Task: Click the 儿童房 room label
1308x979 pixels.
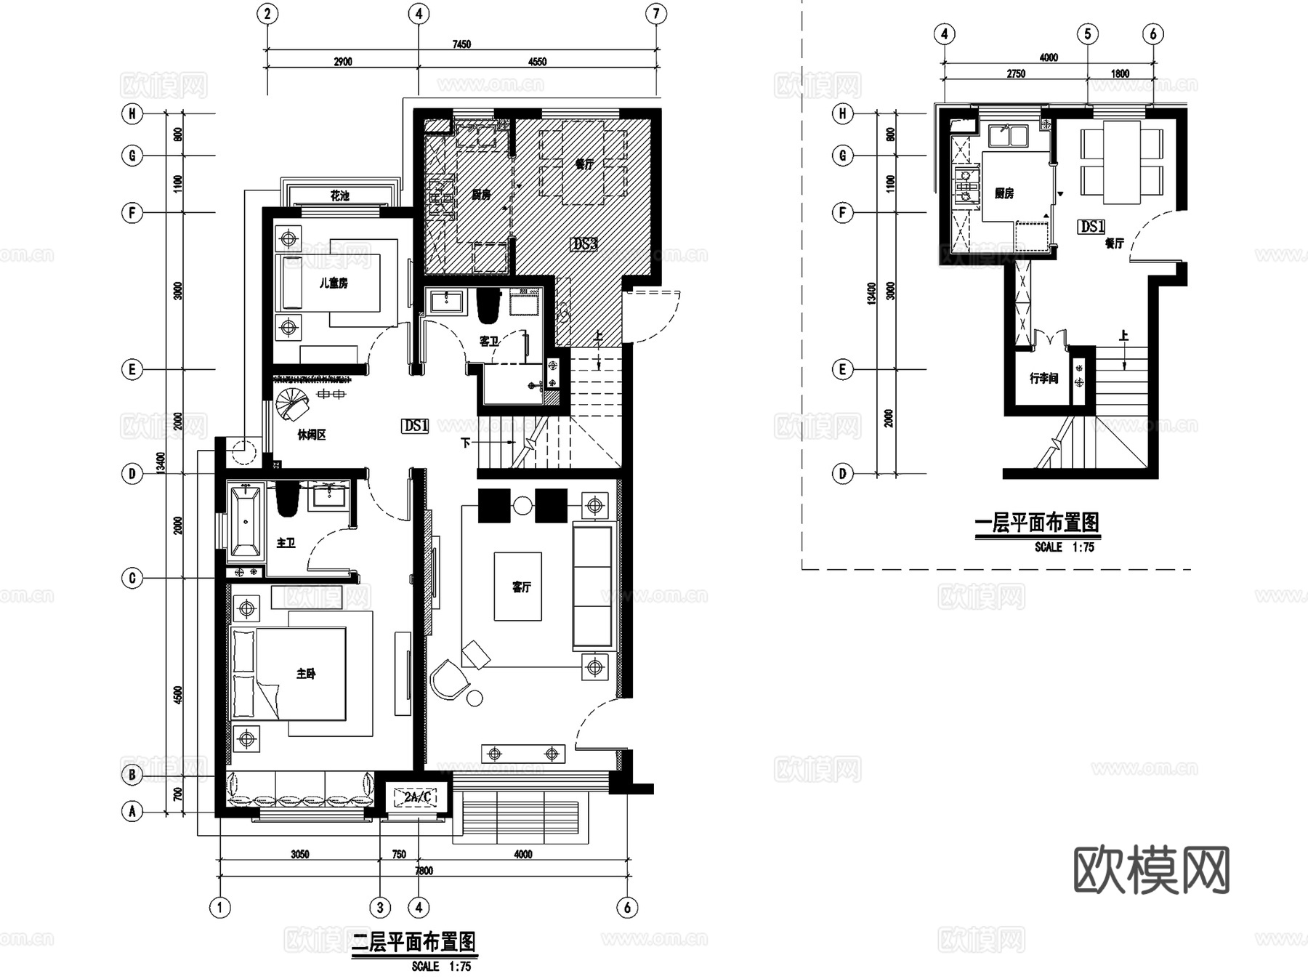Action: (334, 283)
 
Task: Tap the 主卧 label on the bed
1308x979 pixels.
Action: (306, 674)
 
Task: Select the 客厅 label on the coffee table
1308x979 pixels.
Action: (521, 587)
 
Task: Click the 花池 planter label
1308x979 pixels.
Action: (339, 196)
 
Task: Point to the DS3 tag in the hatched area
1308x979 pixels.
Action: (584, 244)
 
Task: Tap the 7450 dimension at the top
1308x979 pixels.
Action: (461, 44)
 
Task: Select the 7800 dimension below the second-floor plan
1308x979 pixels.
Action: (424, 871)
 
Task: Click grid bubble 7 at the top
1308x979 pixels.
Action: (656, 14)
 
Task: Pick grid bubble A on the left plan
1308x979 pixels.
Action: (132, 811)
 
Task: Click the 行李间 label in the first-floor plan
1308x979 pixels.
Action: (1043, 379)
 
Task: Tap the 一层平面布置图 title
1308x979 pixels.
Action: (1036, 523)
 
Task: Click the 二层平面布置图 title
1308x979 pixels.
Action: (413, 943)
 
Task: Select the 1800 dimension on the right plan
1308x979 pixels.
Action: (1120, 73)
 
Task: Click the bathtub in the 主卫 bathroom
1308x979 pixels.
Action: (246, 520)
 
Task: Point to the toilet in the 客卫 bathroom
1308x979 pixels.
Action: (489, 307)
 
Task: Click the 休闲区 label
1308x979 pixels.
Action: (311, 435)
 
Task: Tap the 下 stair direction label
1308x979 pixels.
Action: (465, 442)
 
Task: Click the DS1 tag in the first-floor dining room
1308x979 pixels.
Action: (1091, 227)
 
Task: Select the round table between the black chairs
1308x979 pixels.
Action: (522, 506)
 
